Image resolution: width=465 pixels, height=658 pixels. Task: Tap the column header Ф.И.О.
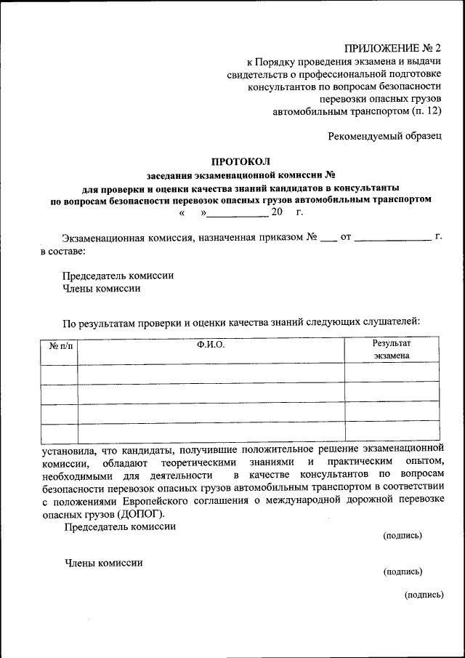point(211,344)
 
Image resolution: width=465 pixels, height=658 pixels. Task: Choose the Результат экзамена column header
point(392,349)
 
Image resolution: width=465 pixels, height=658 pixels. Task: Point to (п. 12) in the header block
point(426,111)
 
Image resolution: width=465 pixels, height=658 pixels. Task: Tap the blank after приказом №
point(328,239)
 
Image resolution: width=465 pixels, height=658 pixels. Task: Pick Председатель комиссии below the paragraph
point(120,526)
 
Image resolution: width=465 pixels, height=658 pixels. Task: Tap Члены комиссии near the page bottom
point(104,562)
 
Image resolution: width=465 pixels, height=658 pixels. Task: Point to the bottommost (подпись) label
point(424,594)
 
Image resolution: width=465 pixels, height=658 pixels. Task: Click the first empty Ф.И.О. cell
point(211,373)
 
